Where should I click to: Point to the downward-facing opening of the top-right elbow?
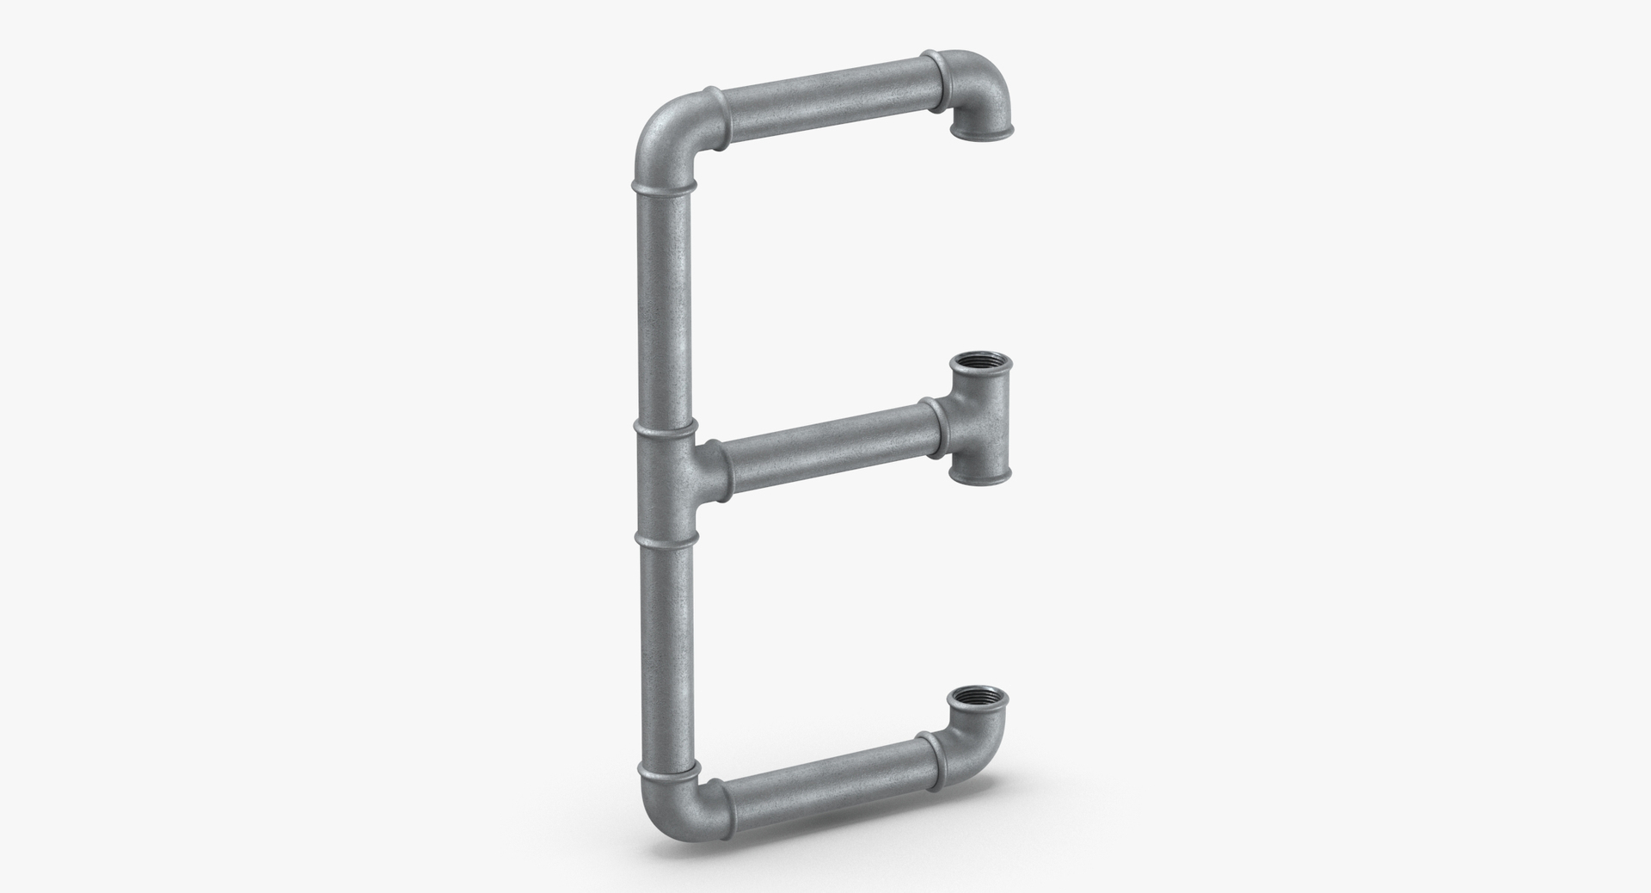point(982,132)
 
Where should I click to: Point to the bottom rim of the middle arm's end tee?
point(980,472)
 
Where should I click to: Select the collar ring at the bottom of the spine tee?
point(664,537)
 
